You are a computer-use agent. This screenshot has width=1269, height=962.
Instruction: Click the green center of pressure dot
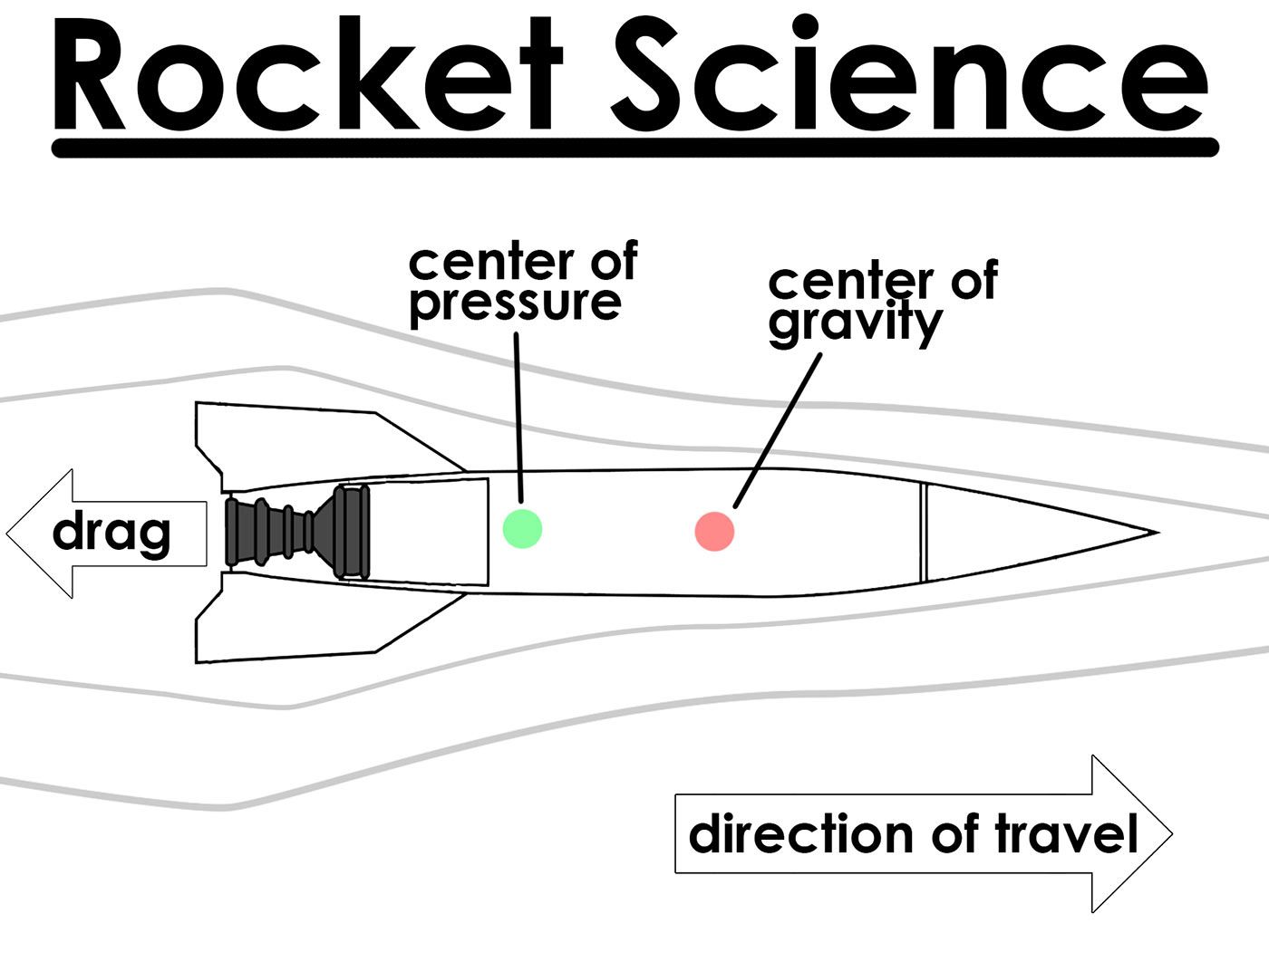tap(522, 528)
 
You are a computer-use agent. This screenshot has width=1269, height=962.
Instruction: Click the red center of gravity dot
tap(714, 531)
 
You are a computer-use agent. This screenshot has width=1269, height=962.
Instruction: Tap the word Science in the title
tap(906, 77)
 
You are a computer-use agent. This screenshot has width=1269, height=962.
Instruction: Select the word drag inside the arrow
tap(111, 533)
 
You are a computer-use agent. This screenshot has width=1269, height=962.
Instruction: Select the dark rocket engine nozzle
tap(297, 532)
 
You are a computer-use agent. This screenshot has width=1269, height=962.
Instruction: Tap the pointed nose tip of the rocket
tap(1155, 533)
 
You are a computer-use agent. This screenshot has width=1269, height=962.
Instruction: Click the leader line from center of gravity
tap(778, 430)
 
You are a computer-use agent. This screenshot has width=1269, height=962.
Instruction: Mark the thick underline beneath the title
tap(634, 148)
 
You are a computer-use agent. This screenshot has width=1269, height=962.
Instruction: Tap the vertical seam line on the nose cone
tap(924, 533)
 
